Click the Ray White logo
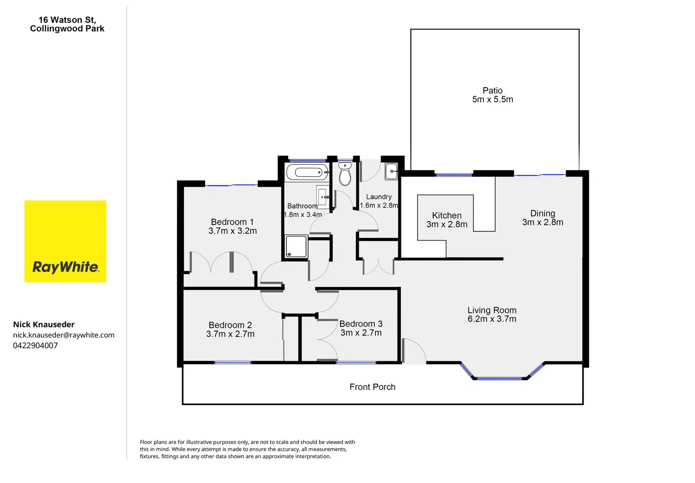[65, 241]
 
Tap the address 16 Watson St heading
[67, 20]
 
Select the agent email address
[64, 335]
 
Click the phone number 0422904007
[35, 345]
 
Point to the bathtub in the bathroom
[307, 172]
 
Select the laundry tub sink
[391, 171]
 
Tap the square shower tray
[296, 246]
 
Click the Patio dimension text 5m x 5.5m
[492, 100]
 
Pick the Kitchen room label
[447, 216]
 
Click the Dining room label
[542, 213]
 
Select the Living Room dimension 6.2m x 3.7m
[492, 319]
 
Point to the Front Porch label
[372, 387]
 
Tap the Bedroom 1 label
[232, 222]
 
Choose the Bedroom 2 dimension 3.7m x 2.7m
[230, 334]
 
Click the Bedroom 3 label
[361, 324]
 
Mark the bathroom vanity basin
[323, 195]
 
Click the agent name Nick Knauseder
[44, 325]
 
